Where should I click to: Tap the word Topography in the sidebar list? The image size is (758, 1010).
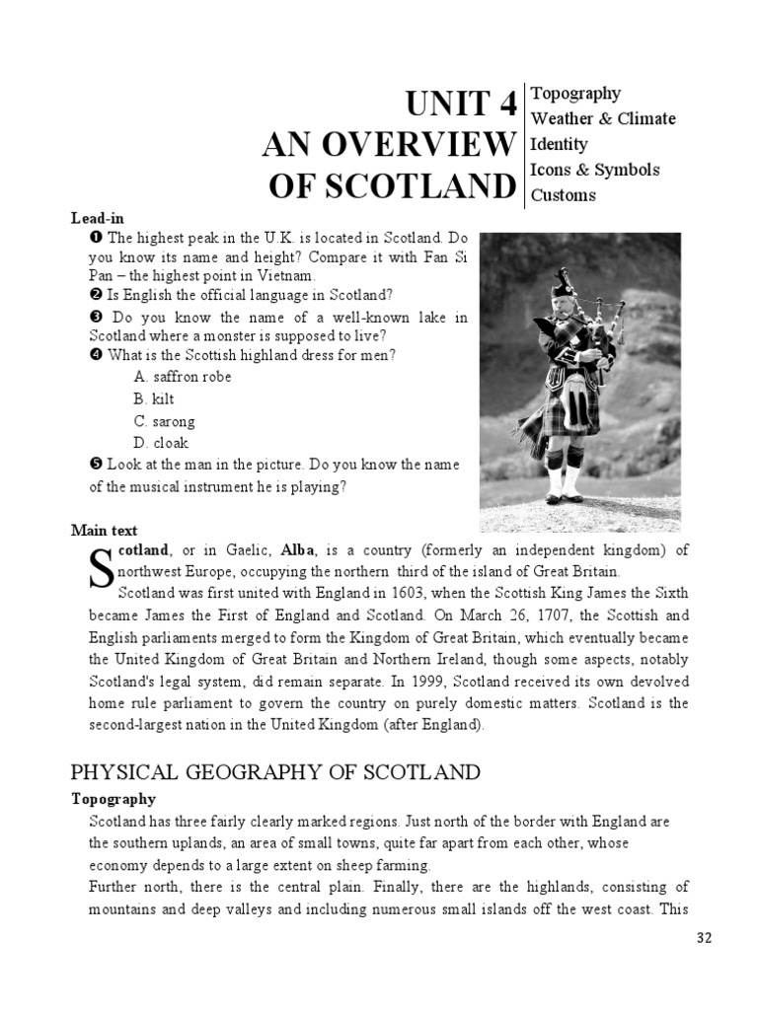click(x=575, y=93)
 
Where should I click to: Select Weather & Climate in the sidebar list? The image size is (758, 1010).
click(x=603, y=118)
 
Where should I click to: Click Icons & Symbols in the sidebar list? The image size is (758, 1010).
click(x=595, y=170)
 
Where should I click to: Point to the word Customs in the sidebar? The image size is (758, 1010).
click(x=564, y=195)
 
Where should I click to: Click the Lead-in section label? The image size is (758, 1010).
click(x=97, y=217)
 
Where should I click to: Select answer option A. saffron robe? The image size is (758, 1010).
click(x=183, y=377)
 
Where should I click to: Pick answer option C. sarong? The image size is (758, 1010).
click(x=164, y=421)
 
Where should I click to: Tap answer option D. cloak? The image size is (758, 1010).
click(x=161, y=444)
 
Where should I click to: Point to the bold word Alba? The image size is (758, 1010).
click(x=299, y=549)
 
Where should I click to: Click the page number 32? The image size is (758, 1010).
click(x=703, y=938)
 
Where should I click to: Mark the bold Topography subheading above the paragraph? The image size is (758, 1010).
click(x=114, y=799)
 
